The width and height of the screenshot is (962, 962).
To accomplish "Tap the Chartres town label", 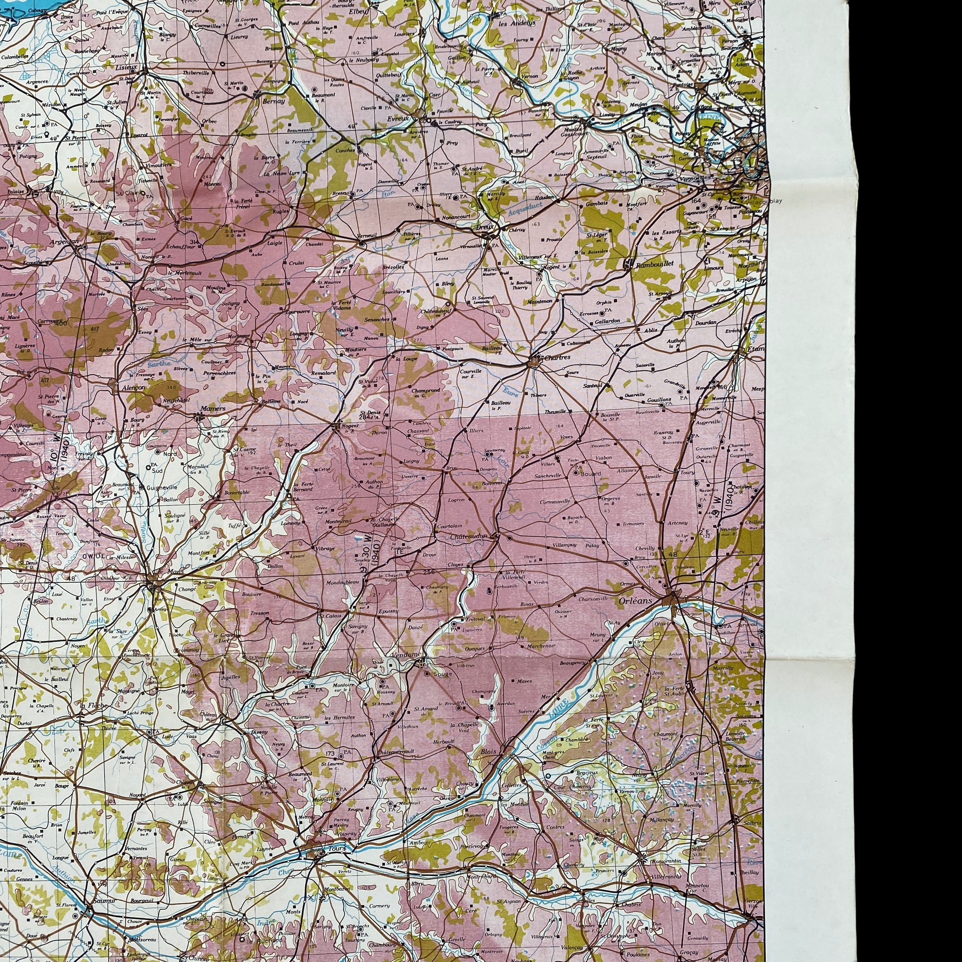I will [x=557, y=358].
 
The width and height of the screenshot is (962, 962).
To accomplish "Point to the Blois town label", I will [x=489, y=752].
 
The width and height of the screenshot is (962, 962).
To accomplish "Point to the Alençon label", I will [x=133, y=387].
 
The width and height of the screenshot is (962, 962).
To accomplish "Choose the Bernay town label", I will [x=274, y=101].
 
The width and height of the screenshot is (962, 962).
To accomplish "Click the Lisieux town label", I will [x=126, y=66].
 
